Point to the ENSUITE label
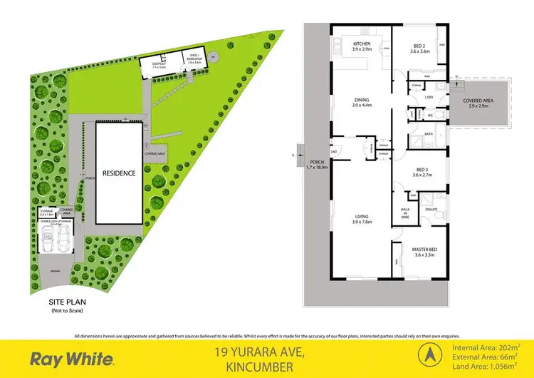431,210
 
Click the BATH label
429,133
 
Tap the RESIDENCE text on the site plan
119,173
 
